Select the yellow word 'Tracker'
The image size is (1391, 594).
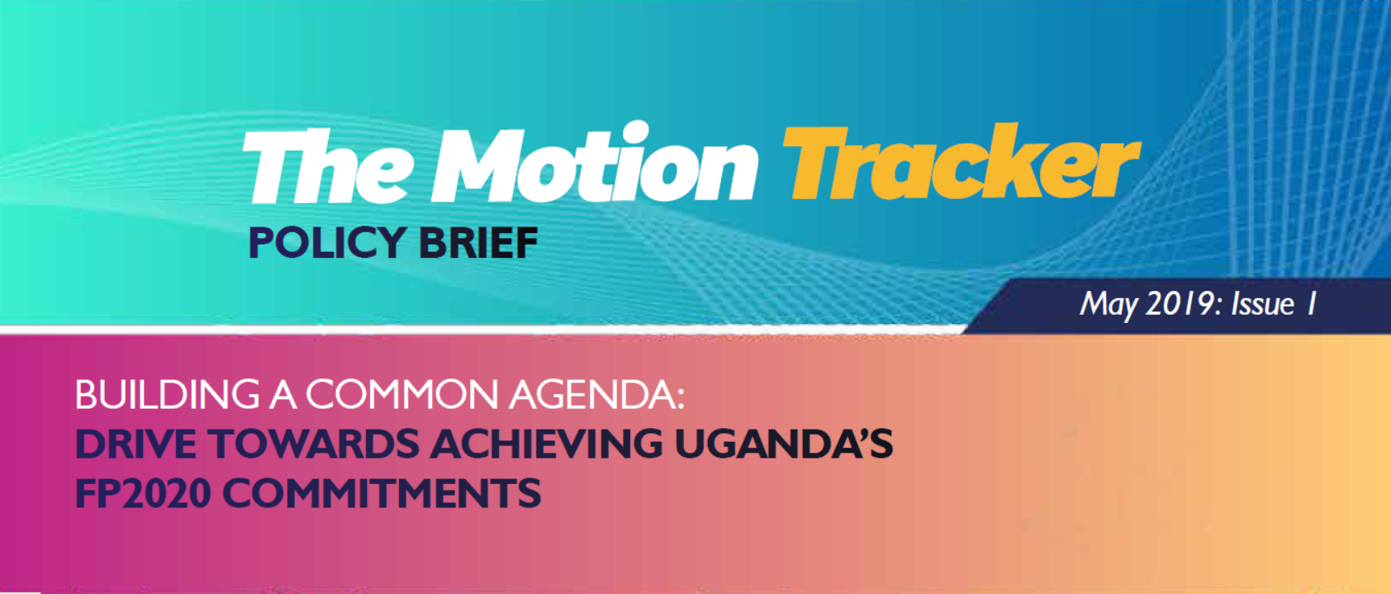(x=961, y=162)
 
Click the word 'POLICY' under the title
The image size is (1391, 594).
(x=326, y=242)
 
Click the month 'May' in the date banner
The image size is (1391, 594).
(x=1109, y=305)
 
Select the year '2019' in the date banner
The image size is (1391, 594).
(x=1180, y=304)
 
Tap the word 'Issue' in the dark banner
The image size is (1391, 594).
(x=1262, y=305)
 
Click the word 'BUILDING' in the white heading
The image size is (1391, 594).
(x=167, y=394)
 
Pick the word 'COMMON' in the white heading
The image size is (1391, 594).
(x=401, y=394)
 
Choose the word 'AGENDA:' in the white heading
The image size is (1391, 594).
(x=596, y=394)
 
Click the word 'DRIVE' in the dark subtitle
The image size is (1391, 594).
(x=135, y=444)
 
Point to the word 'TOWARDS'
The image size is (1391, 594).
(x=314, y=444)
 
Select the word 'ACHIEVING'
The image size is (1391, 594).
(x=547, y=444)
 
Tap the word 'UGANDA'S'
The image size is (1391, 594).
(x=784, y=444)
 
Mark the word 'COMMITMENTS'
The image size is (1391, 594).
(x=382, y=493)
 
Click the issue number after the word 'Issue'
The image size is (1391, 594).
(x=1311, y=304)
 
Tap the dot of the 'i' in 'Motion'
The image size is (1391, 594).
(x=634, y=131)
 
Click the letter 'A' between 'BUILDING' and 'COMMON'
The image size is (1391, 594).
(x=282, y=394)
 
